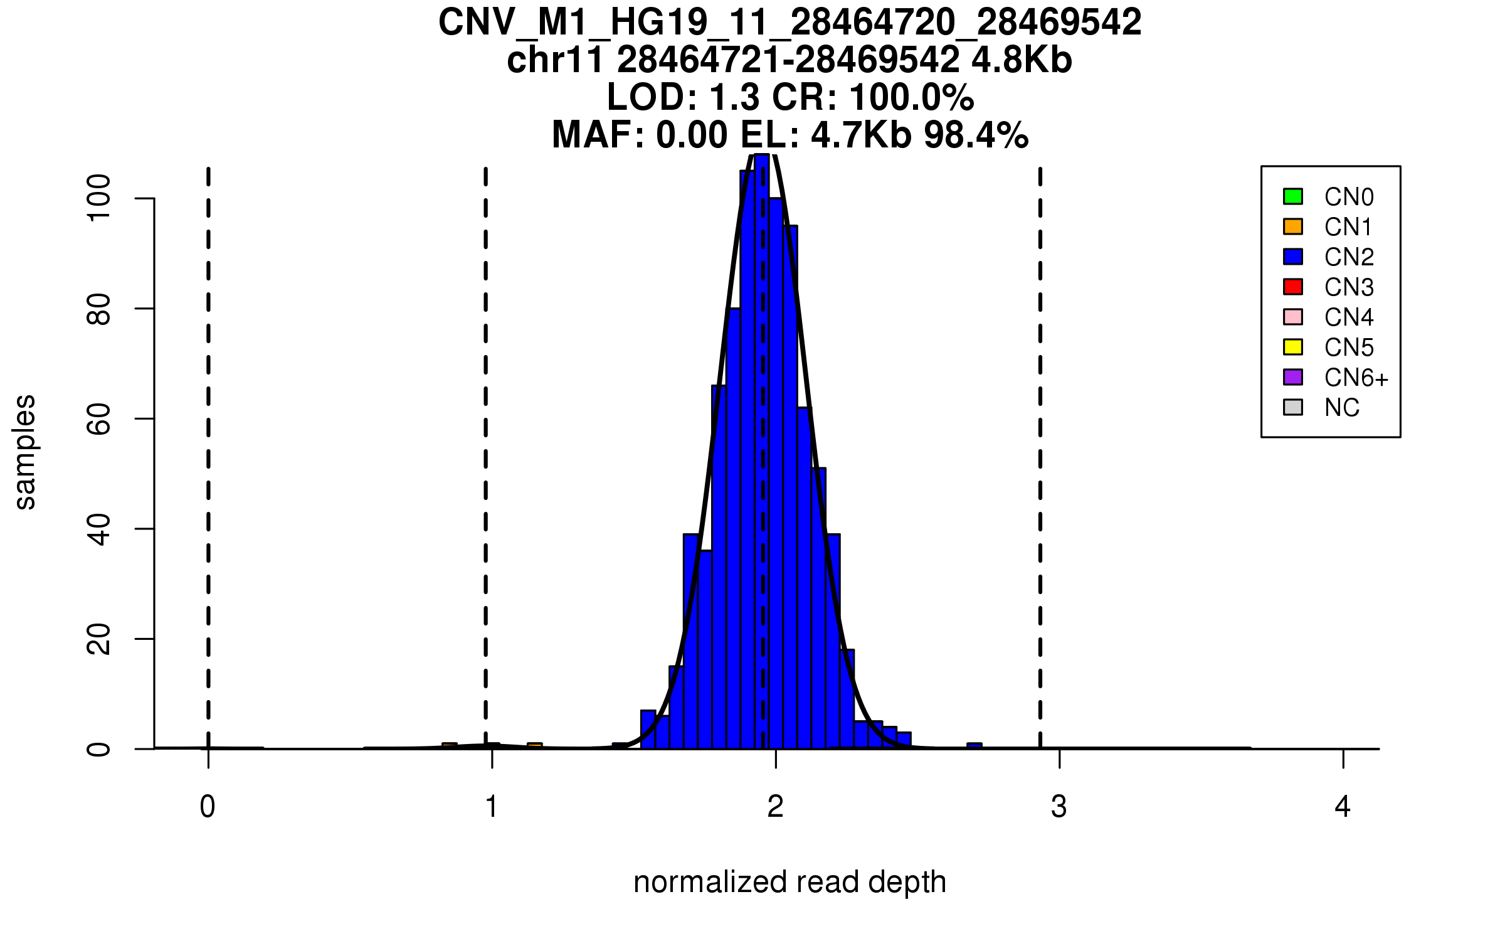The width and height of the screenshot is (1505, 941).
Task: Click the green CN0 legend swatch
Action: pyautogui.click(x=1293, y=196)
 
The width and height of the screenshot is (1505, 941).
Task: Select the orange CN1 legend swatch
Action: pyautogui.click(x=1293, y=226)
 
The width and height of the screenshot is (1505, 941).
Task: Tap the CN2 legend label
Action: pyautogui.click(x=1349, y=257)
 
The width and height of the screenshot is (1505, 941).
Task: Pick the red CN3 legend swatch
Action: pyautogui.click(x=1293, y=287)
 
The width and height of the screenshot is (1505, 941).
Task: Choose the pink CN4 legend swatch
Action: pyautogui.click(x=1293, y=317)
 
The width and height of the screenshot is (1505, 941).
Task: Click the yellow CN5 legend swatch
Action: pyautogui.click(x=1293, y=347)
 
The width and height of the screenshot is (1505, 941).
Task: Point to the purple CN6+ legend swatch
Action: pyautogui.click(x=1293, y=377)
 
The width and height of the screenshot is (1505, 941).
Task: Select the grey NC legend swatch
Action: pyautogui.click(x=1293, y=407)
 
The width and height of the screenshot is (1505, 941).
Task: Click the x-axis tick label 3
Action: pyautogui.click(x=1059, y=807)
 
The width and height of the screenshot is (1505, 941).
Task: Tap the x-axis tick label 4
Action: pyautogui.click(x=1343, y=807)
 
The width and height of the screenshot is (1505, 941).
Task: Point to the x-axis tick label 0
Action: pyautogui.click(x=208, y=807)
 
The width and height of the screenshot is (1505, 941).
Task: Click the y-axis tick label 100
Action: pyautogui.click(x=99, y=198)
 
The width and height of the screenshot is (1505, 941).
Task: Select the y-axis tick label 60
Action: pyautogui.click(x=99, y=418)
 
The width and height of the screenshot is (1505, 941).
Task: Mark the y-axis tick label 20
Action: pyautogui.click(x=99, y=639)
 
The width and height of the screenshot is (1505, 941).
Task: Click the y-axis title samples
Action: pyautogui.click(x=25, y=452)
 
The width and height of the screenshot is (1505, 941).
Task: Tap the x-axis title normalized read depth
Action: pyautogui.click(x=789, y=882)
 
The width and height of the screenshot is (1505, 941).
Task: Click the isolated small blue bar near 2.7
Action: pyautogui.click(x=974, y=746)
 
